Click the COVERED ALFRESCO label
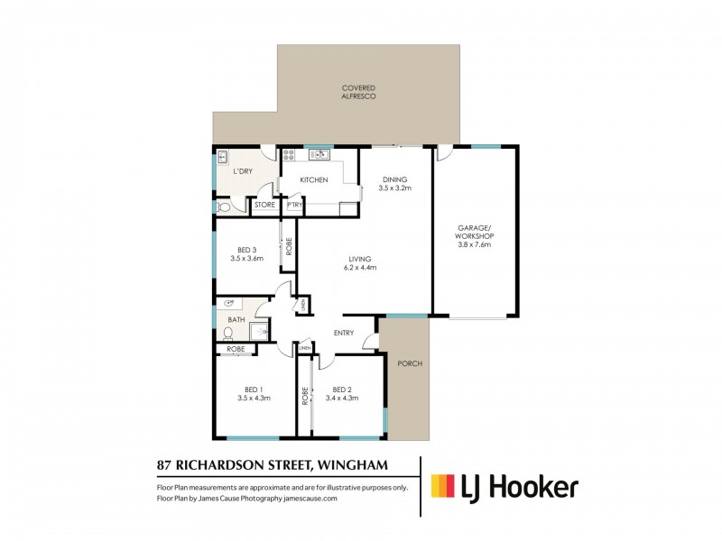pyautogui.click(x=358, y=91)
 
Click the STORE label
pyautogui.click(x=264, y=206)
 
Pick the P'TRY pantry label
pyautogui.click(x=294, y=206)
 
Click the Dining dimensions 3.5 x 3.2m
pyautogui.click(x=396, y=189)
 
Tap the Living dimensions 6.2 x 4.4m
pyautogui.click(x=359, y=268)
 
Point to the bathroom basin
pyautogui.click(x=230, y=304)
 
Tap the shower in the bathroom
pyautogui.click(x=260, y=332)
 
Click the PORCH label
pyautogui.click(x=409, y=363)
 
